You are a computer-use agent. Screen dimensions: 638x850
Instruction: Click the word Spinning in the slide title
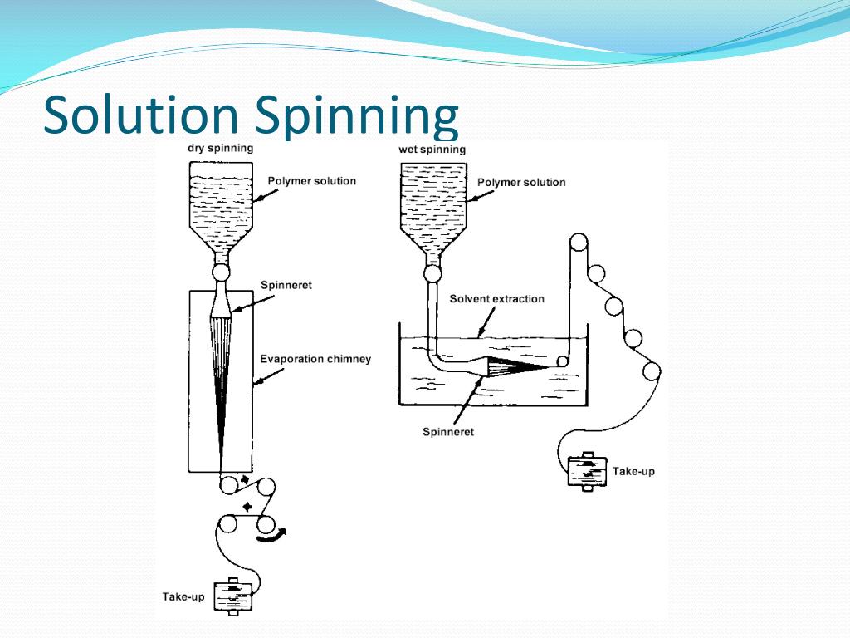click(357, 116)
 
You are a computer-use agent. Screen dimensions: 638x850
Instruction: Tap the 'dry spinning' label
click(220, 149)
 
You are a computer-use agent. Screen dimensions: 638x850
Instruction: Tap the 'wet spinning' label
click(432, 150)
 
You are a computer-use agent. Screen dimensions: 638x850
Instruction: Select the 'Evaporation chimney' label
click(315, 360)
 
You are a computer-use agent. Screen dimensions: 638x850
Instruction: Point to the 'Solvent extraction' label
click(496, 299)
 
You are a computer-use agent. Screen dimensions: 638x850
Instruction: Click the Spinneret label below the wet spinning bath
click(448, 432)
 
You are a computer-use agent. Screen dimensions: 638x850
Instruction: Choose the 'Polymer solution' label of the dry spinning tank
click(311, 181)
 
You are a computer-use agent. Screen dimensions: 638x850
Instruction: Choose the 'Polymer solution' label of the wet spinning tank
click(521, 182)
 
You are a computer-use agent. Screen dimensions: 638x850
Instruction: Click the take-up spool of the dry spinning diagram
click(232, 596)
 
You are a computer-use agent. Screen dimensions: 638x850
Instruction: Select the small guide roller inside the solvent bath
click(563, 361)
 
